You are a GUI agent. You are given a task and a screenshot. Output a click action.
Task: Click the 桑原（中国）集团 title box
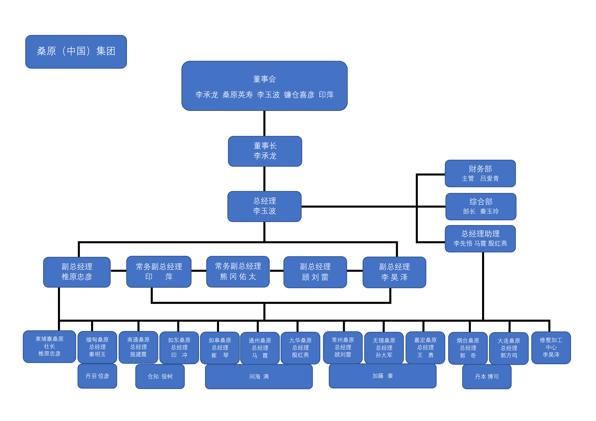(x=76, y=52)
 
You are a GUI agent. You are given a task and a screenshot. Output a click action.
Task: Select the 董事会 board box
(x=264, y=86)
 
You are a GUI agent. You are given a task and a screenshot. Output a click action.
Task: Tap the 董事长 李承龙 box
(x=265, y=151)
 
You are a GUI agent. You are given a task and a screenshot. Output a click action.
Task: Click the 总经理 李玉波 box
(x=264, y=206)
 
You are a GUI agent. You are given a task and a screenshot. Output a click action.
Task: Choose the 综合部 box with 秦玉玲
(x=481, y=207)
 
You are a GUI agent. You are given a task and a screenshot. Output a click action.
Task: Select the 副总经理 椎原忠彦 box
(x=77, y=272)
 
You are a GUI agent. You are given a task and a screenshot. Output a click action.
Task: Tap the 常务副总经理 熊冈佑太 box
(x=238, y=271)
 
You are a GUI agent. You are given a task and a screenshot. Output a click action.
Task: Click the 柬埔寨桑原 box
(x=49, y=346)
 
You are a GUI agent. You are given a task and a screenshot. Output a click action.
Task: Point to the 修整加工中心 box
(x=551, y=347)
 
